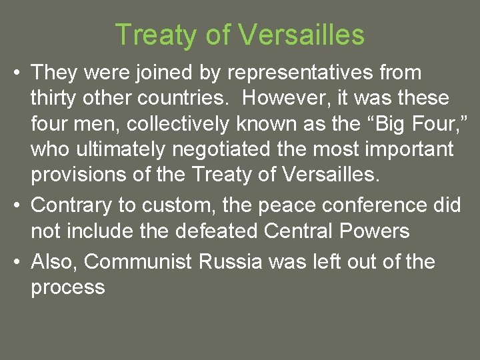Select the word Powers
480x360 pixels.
click(376, 231)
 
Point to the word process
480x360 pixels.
click(68, 287)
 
